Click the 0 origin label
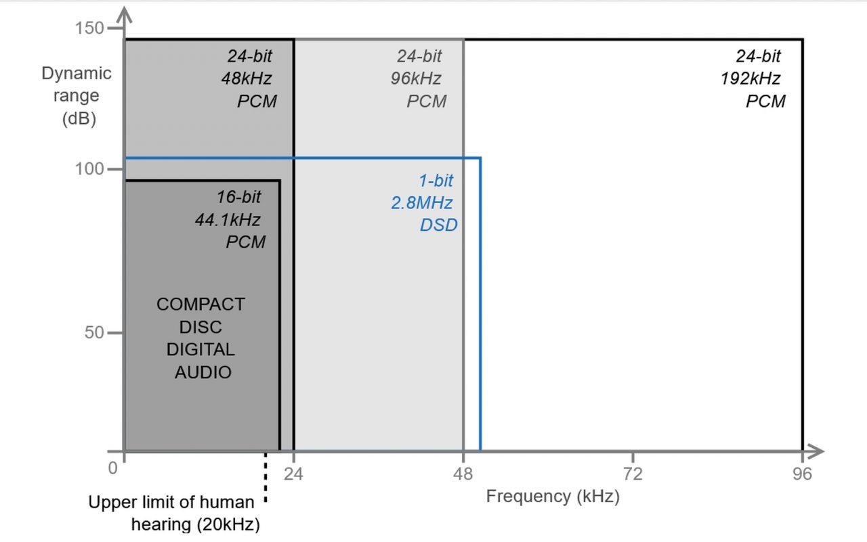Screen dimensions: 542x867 pos(113,468)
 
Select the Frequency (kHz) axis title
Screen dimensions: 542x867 pos(553,497)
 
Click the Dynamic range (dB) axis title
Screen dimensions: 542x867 pos(76,95)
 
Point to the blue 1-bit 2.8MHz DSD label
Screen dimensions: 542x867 pos(423,202)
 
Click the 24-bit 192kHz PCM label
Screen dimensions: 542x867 pos(753,78)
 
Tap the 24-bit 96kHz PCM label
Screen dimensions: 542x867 pos(420,78)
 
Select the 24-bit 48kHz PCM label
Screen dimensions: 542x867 pos(250,78)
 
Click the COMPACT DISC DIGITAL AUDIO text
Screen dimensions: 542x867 pos(200,338)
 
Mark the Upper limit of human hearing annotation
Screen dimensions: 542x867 pos(173,513)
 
